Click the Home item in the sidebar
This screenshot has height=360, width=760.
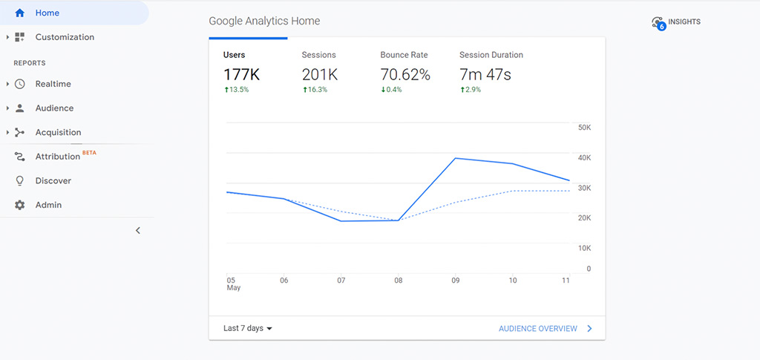pos(47,13)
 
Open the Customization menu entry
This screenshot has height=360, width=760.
pos(64,37)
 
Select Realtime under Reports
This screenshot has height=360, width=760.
pos(53,84)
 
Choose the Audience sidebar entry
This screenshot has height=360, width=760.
pos(54,108)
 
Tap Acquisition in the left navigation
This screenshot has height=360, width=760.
pos(58,132)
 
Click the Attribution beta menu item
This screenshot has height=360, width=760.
pos(57,157)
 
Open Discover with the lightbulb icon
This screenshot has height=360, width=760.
pos(53,180)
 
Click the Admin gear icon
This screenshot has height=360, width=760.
pos(20,205)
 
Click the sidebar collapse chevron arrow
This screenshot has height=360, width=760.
pos(138,230)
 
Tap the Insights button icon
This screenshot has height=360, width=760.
pos(658,23)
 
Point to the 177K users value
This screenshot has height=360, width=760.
pos(242,75)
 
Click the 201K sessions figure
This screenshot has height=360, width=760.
pos(320,75)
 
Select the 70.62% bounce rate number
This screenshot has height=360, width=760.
pos(405,75)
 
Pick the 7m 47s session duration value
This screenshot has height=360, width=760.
pos(485,75)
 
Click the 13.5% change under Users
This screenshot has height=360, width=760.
pos(237,90)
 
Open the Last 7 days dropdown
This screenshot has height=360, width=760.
pos(248,328)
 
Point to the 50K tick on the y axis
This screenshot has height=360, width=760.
pos(584,128)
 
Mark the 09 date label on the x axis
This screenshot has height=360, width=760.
pos(456,281)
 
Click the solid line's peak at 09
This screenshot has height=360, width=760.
pos(455,158)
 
